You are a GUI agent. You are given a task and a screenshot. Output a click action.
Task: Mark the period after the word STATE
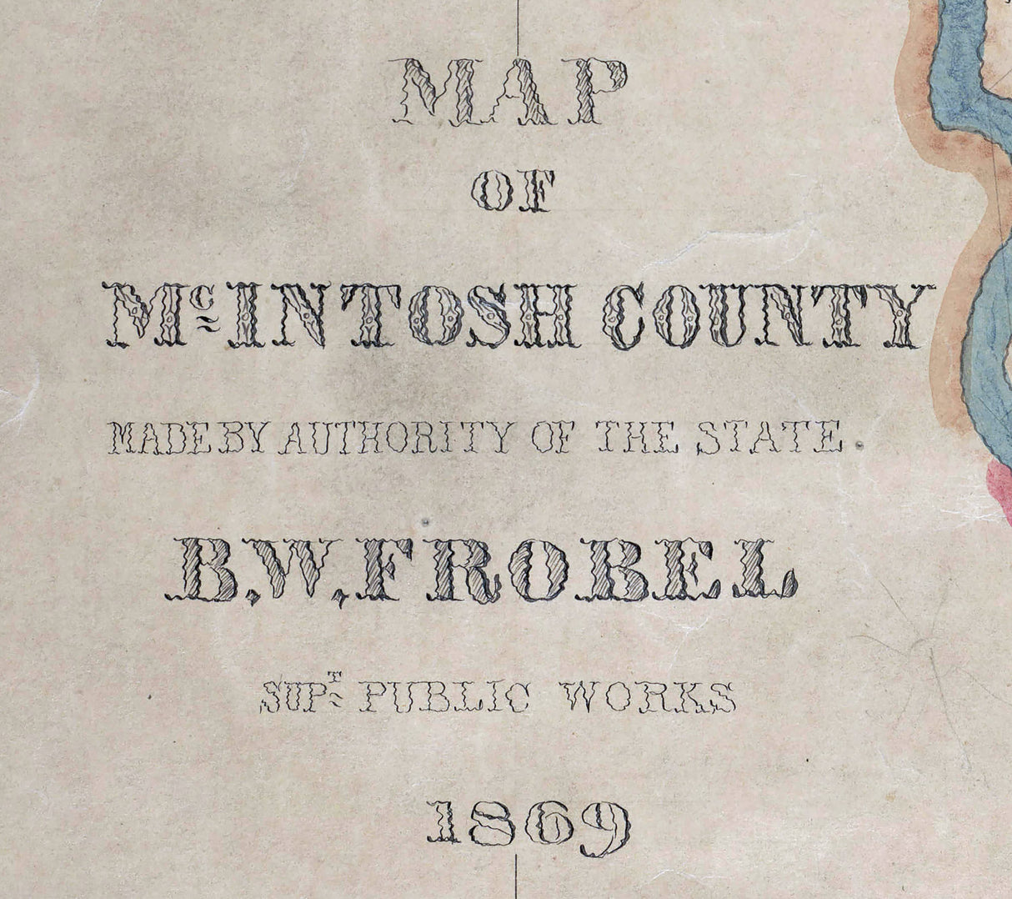tap(859, 447)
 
